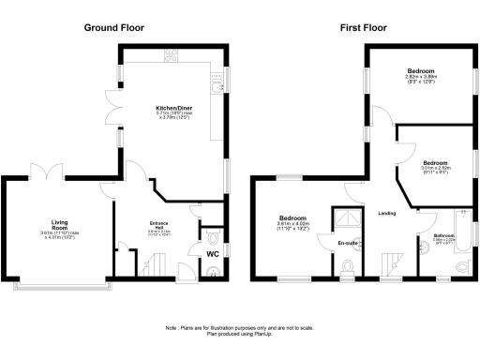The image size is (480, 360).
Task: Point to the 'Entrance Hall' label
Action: [x=158, y=224]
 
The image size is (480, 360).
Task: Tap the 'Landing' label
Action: [x=385, y=214]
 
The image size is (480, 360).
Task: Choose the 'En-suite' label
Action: [x=348, y=244]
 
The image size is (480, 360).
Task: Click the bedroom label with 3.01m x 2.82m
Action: [x=434, y=165]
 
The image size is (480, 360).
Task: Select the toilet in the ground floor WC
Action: [x=212, y=235]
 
